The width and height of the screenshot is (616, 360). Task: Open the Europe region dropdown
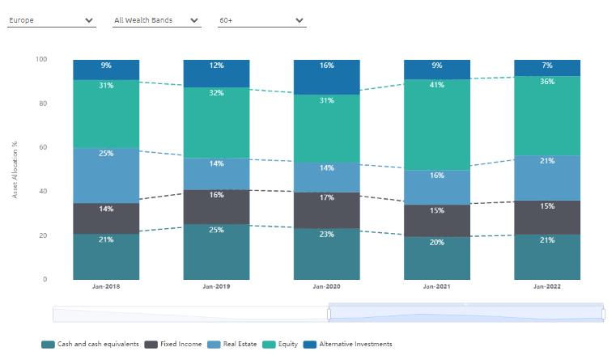point(51,20)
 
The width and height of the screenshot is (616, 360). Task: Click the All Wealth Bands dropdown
point(156,20)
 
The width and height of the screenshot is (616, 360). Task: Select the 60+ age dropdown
point(261,20)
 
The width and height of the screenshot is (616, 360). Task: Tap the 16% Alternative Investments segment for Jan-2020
point(327,77)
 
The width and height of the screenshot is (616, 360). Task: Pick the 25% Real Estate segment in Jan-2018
point(106,176)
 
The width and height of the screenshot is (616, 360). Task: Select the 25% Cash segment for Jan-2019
point(216,252)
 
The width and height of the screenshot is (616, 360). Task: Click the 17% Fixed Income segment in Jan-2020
point(327,210)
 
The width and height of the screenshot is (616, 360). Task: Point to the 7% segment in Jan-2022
point(547,67)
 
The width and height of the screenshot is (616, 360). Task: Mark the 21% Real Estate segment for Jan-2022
point(547,178)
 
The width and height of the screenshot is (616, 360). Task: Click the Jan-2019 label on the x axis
point(216,286)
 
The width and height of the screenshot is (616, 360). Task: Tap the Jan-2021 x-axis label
point(437,286)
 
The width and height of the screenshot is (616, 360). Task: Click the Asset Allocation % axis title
point(15,170)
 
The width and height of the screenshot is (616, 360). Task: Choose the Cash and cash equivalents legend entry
point(91,344)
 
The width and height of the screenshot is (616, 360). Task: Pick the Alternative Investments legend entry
point(350,344)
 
